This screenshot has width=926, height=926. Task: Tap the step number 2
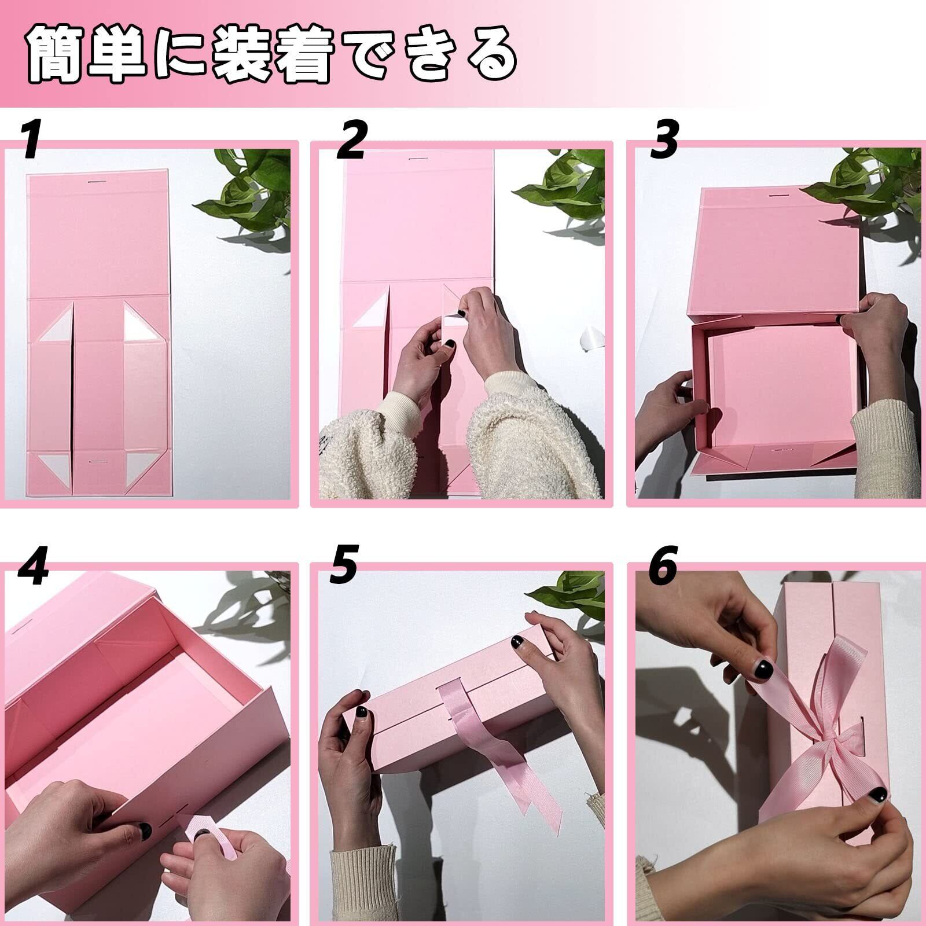352,141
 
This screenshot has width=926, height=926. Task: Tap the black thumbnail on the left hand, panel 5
361,711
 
